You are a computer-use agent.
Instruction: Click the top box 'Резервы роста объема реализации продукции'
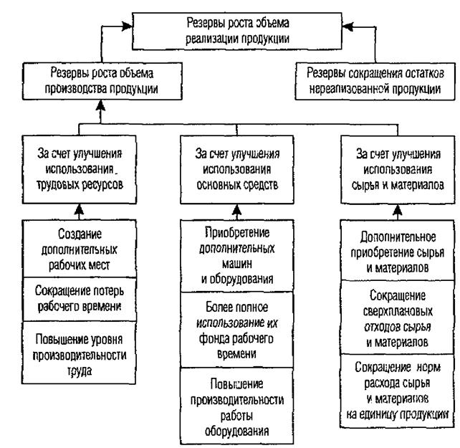pyautogui.click(x=237, y=31)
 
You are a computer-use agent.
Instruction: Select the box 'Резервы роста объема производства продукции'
pyautogui.click(x=102, y=81)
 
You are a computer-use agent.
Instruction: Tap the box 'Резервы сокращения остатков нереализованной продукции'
pyautogui.click(x=375, y=81)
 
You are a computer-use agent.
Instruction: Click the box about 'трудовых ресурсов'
pyautogui.click(x=80, y=169)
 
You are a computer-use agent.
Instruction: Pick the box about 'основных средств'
pyautogui.click(x=237, y=169)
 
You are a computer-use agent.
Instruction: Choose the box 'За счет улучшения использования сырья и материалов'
pyautogui.click(x=398, y=169)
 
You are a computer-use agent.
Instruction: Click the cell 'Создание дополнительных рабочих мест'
pyautogui.click(x=80, y=249)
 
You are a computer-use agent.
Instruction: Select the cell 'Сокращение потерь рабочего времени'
pyautogui.click(x=80, y=299)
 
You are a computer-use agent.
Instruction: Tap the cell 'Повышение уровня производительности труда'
pyautogui.click(x=80, y=353)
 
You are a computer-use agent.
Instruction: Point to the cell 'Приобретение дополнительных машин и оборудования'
pyautogui.click(x=237, y=256)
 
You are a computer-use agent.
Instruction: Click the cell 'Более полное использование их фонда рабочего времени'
pyautogui.click(x=237, y=330)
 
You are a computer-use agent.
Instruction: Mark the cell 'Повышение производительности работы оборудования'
pyautogui.click(x=237, y=406)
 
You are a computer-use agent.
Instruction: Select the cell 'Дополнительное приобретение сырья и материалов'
pyautogui.click(x=398, y=250)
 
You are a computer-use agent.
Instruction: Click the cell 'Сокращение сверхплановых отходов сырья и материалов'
pyautogui.click(x=398, y=318)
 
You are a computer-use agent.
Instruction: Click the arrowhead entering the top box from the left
pyautogui.click(x=127, y=26)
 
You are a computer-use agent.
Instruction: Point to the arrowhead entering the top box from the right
pyautogui.click(x=348, y=27)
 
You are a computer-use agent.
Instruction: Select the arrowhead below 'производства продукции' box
pyautogui.click(x=100, y=105)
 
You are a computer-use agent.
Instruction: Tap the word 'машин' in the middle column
pyautogui.click(x=237, y=264)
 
